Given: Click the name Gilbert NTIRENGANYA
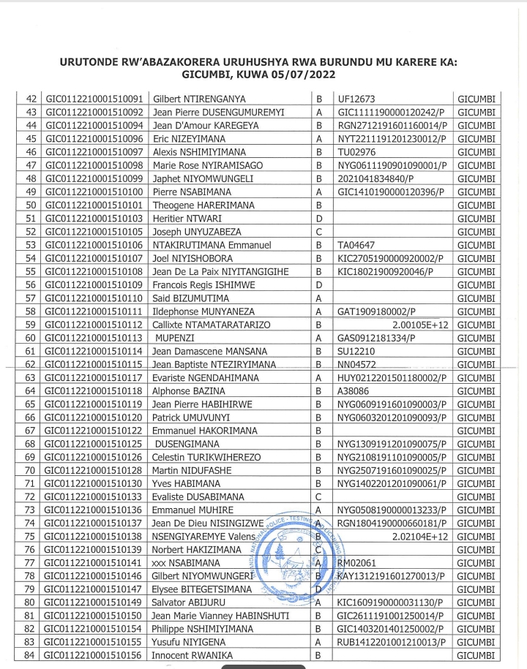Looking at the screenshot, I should [x=199, y=99].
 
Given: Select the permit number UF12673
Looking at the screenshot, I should [x=356, y=99].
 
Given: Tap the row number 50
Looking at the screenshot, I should [x=31, y=205].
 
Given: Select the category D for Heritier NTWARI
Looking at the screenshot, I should [x=318, y=219].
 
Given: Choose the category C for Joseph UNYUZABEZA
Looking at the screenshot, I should [x=318, y=232].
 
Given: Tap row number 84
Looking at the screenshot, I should [x=31, y=656].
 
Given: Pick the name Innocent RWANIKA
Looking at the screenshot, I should [x=191, y=656].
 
